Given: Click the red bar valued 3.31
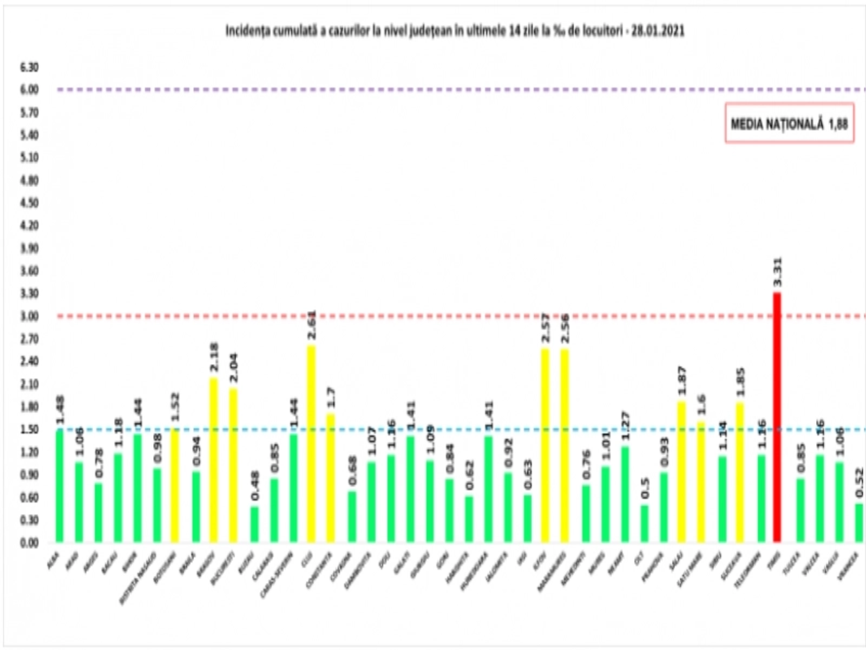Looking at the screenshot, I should point(777,417).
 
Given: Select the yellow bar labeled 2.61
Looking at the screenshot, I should point(311,444).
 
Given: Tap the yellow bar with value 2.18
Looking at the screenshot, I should point(214,460).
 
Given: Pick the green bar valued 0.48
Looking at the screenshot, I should point(254,524).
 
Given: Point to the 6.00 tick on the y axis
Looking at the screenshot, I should point(29,90).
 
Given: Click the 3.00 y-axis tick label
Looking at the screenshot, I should point(29,316).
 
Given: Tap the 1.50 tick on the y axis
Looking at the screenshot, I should point(29,430).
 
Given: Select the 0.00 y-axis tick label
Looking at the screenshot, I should point(29,543).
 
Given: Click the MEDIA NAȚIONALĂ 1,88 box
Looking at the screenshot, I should point(789,123).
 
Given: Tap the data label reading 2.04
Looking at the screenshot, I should point(233,368).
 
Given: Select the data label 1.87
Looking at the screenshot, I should point(682,381).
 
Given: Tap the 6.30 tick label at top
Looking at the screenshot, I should point(29,67).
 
